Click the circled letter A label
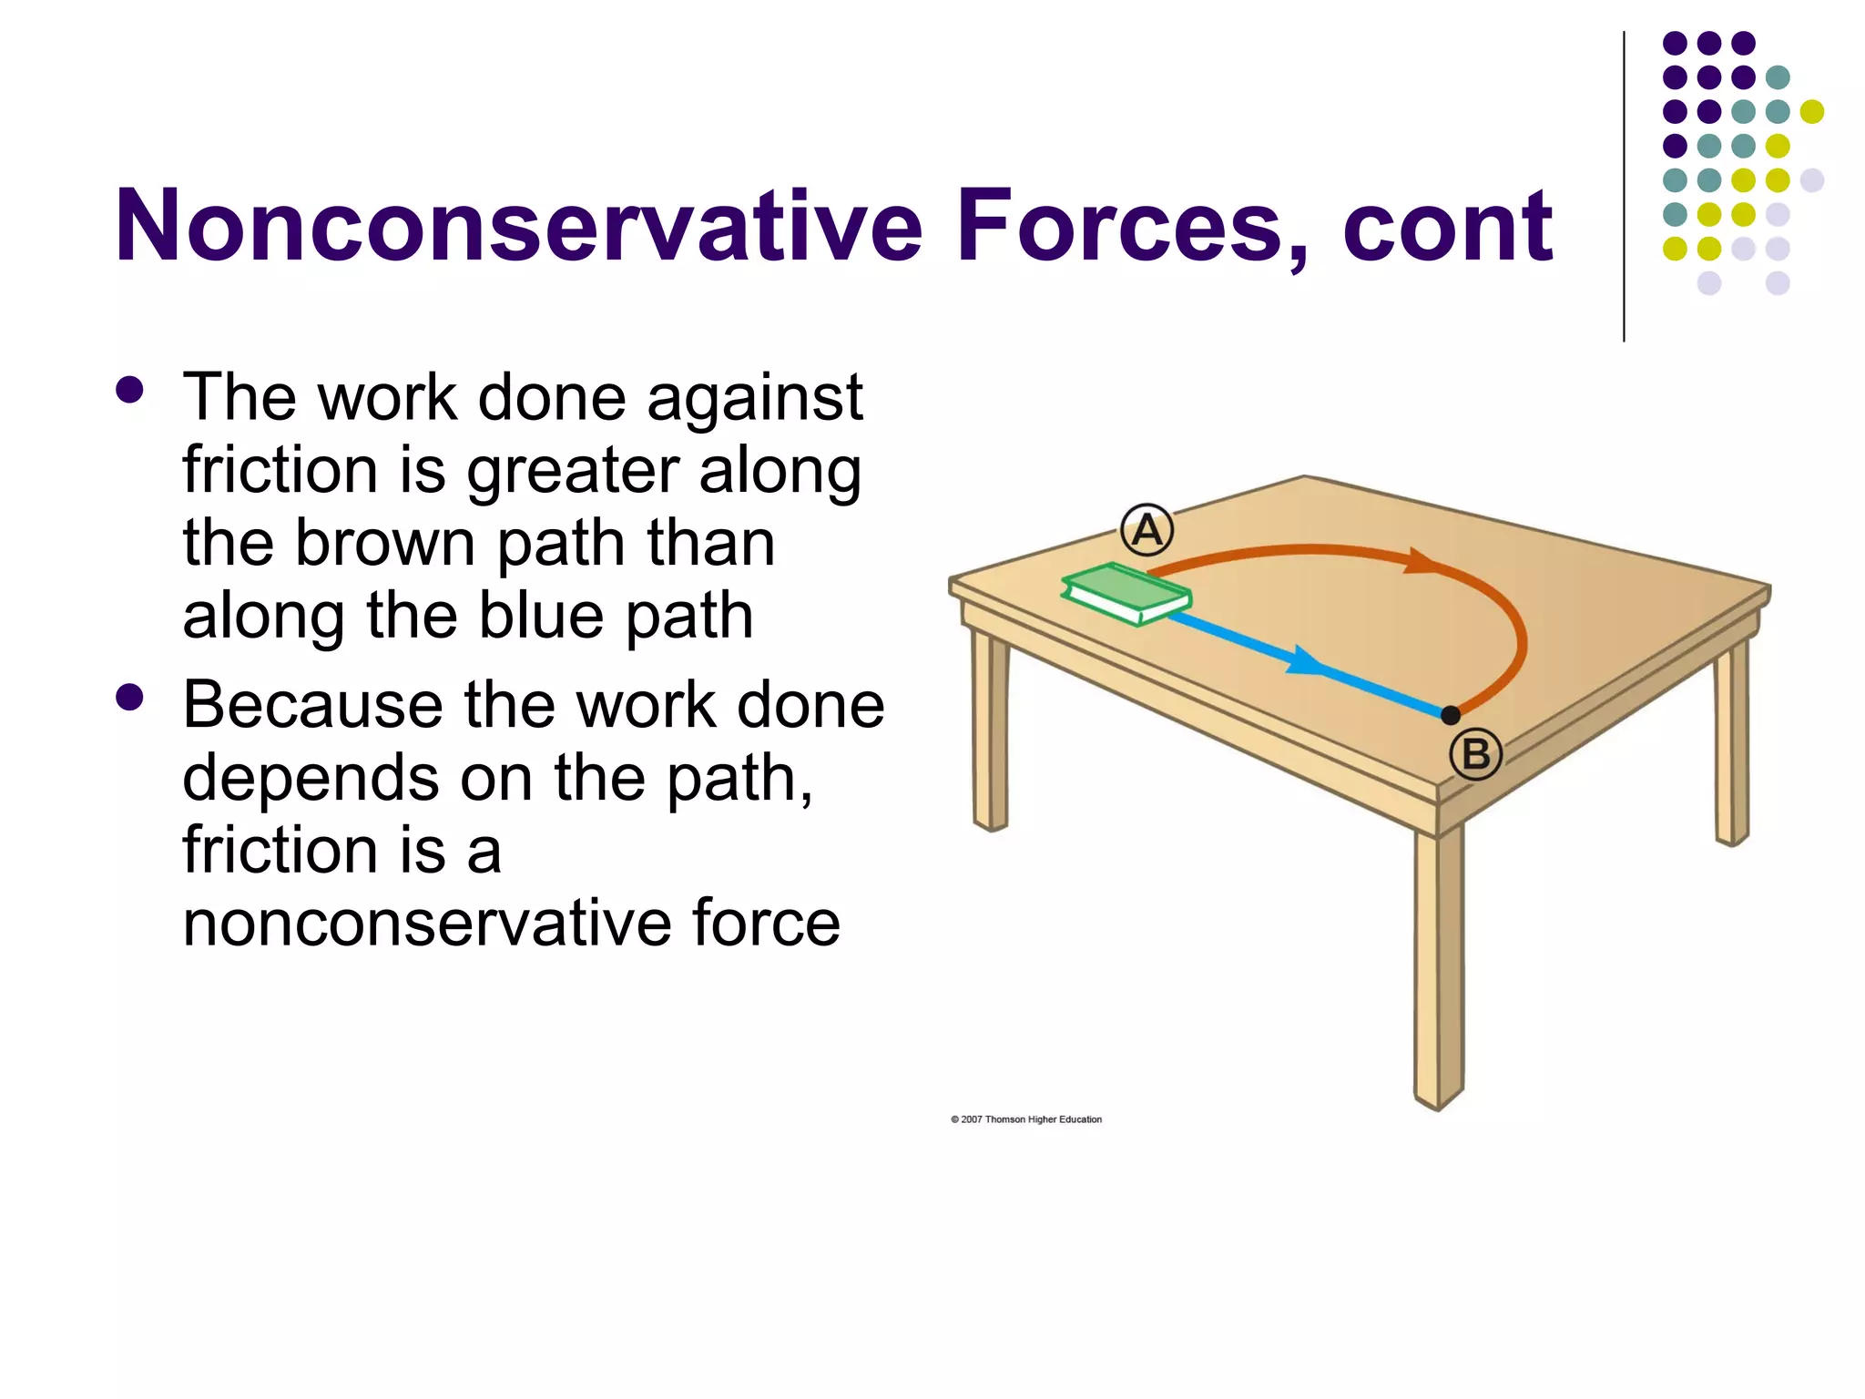[x=1147, y=530]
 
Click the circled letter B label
[x=1475, y=754]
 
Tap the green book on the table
[x=1126, y=594]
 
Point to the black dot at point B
[x=1451, y=715]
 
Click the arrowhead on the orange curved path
[x=1421, y=560]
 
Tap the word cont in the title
[x=1447, y=227]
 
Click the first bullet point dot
[x=130, y=391]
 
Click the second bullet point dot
[x=130, y=698]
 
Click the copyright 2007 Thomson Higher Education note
[x=1026, y=1119]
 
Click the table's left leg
[x=990, y=729]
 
